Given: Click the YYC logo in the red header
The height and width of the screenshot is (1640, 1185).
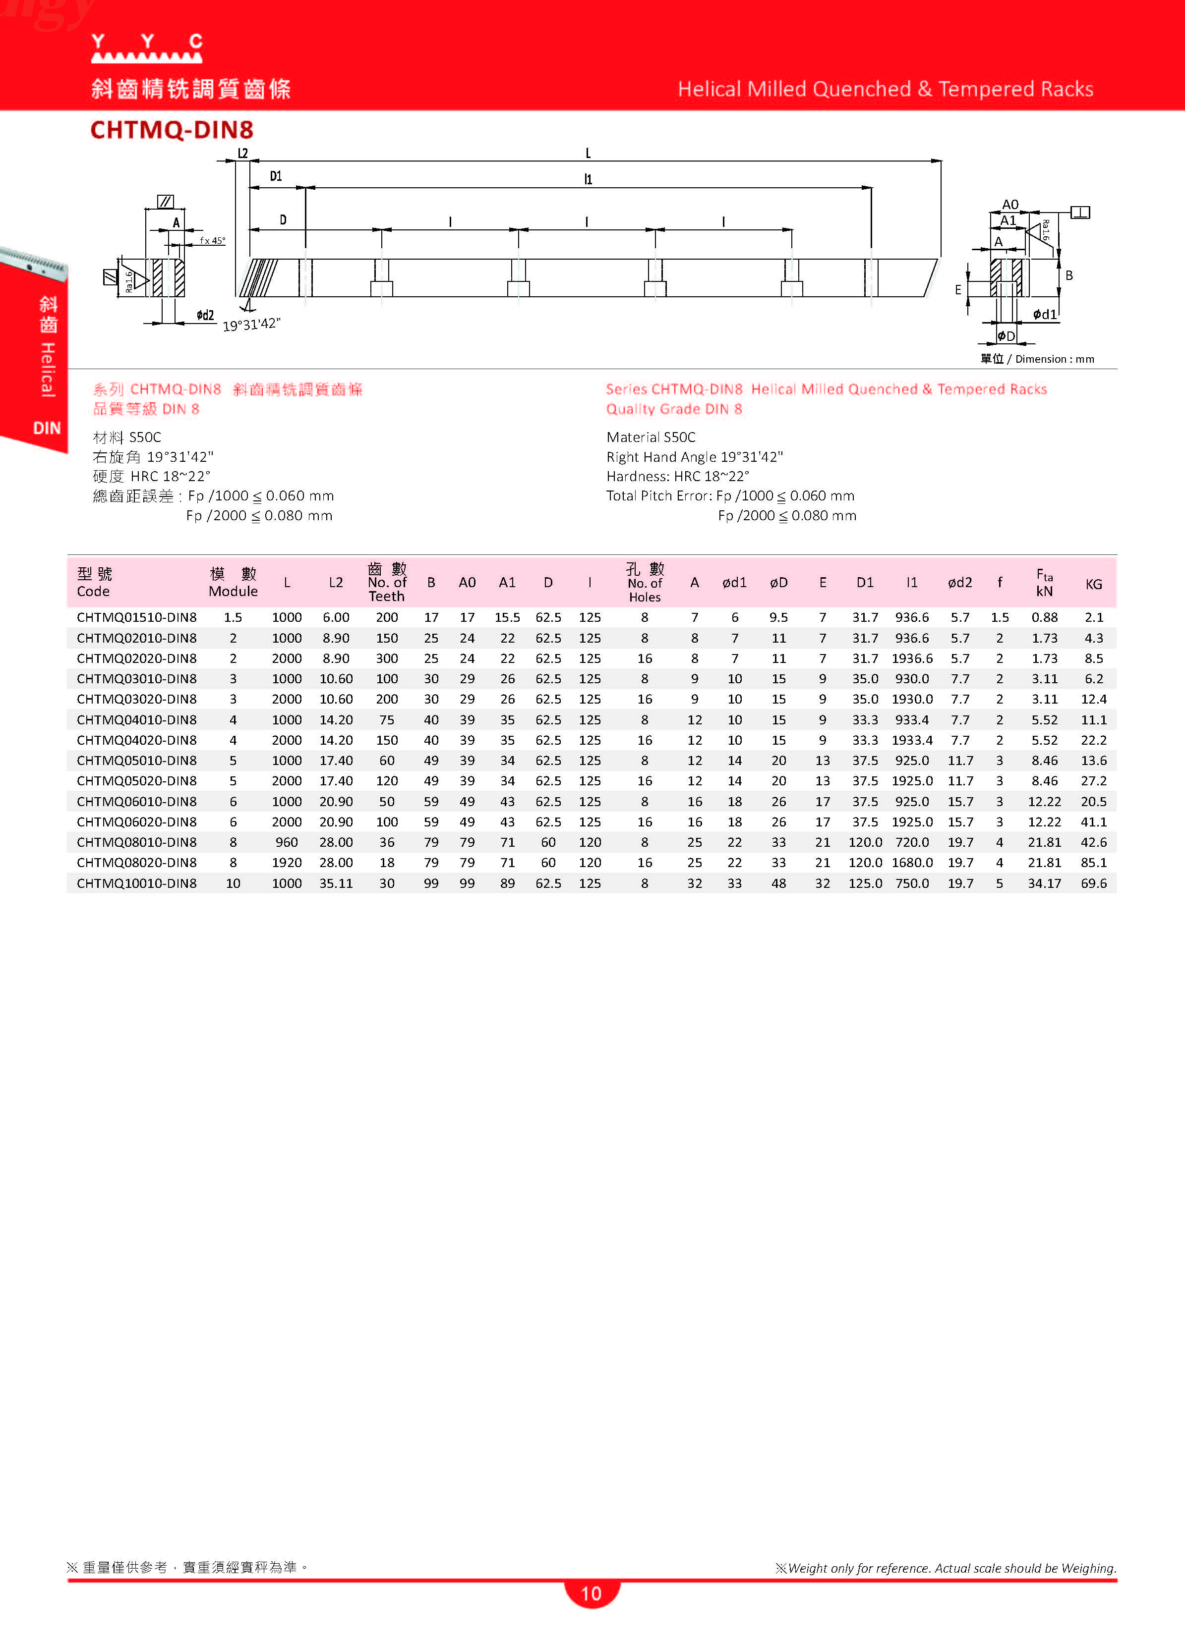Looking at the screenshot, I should pos(147,48).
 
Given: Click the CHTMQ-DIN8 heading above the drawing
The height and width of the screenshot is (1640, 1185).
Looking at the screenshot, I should pos(172,130).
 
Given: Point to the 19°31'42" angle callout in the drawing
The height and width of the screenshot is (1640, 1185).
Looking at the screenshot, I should pos(251,325).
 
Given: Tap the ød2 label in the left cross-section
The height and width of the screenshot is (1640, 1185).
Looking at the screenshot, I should pos(205,315).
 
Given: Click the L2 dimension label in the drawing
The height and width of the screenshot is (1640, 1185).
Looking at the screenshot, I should pos(243,153).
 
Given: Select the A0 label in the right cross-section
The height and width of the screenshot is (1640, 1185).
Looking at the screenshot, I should pos(1010,205).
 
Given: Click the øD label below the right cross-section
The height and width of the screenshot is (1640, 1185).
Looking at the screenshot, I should pos(1007,336).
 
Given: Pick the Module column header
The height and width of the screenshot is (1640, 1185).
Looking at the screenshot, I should pos(233,583).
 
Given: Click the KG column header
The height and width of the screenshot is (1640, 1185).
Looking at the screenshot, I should pos(1093,584).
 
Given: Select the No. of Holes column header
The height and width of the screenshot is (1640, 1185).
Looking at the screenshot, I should pos(644,583).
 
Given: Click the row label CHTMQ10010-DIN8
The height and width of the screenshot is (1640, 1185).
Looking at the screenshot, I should pos(137,883).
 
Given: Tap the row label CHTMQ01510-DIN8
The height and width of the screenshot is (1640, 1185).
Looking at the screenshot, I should pos(137,617).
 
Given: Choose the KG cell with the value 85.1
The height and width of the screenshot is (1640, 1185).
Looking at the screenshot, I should pos(1093,863).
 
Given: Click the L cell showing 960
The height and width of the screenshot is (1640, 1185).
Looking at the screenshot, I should pos(287,842).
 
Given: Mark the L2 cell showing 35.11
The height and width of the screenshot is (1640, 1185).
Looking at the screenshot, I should pos(336,883).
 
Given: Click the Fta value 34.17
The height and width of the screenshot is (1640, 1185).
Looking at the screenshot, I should pos(1044,883).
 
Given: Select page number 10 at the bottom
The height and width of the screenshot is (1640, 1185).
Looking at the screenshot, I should pos(591,1594).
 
